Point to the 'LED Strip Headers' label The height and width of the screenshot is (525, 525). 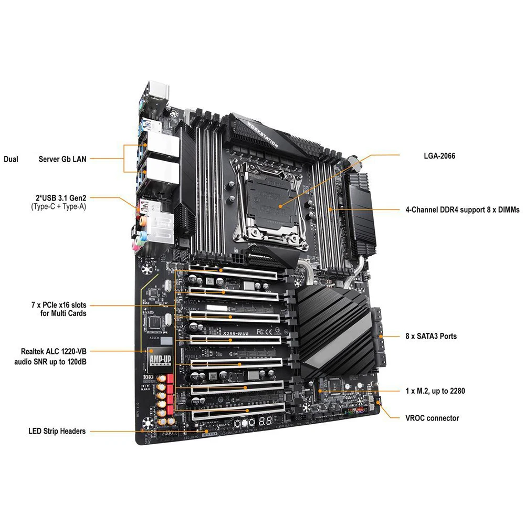[57, 432]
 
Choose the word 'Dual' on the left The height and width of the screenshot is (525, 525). [12, 158]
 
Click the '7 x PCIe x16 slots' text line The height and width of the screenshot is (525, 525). [58, 304]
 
